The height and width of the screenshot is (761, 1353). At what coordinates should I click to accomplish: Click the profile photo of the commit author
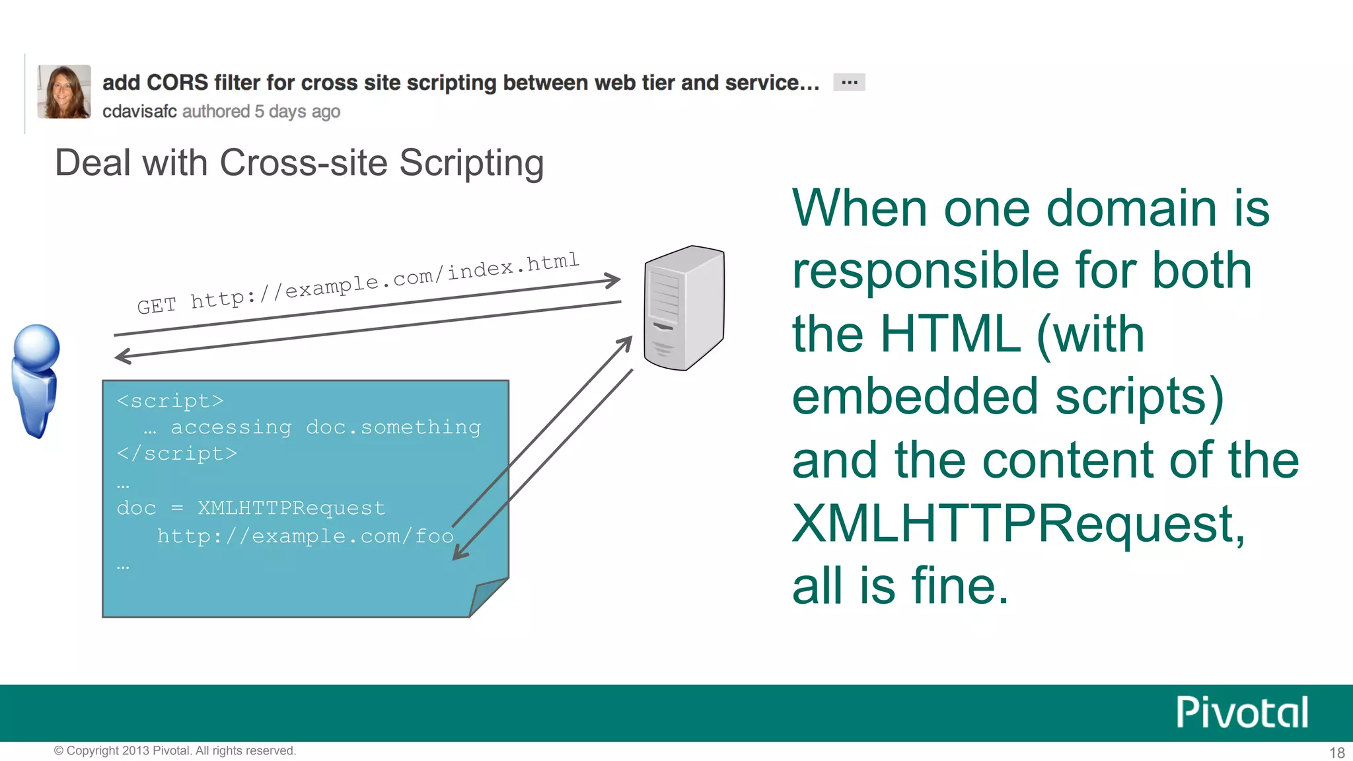[x=64, y=92]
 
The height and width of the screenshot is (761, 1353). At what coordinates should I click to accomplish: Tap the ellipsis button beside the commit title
[x=849, y=83]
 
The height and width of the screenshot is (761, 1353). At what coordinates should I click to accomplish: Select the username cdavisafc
[x=139, y=112]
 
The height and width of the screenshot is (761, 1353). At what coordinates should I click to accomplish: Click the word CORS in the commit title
[x=177, y=83]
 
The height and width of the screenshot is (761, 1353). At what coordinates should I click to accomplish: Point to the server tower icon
[x=684, y=307]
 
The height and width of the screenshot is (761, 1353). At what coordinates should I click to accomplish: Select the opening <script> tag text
[x=170, y=401]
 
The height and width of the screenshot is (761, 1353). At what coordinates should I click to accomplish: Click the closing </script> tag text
[x=176, y=454]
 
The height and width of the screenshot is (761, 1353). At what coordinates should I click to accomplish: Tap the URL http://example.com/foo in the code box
[x=305, y=536]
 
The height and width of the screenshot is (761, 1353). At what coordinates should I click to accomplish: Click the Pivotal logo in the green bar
[x=1242, y=713]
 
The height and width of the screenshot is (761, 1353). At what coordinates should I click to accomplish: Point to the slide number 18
[x=1336, y=752]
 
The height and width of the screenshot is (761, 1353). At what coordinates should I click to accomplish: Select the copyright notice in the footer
[x=175, y=750]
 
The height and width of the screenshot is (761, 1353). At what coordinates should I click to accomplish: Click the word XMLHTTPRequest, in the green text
[x=1018, y=524]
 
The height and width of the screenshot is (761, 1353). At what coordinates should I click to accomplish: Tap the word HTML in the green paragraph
[x=951, y=334]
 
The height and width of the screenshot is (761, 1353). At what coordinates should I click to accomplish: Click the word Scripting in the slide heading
[x=471, y=163]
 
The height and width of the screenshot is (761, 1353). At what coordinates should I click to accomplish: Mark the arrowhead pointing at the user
[x=122, y=357]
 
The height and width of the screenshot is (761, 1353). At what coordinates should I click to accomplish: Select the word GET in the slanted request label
[x=157, y=306]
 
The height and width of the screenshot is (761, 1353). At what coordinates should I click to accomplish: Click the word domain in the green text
[x=1132, y=209]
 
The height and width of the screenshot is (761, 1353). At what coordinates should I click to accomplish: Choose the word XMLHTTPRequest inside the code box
[x=291, y=508]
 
